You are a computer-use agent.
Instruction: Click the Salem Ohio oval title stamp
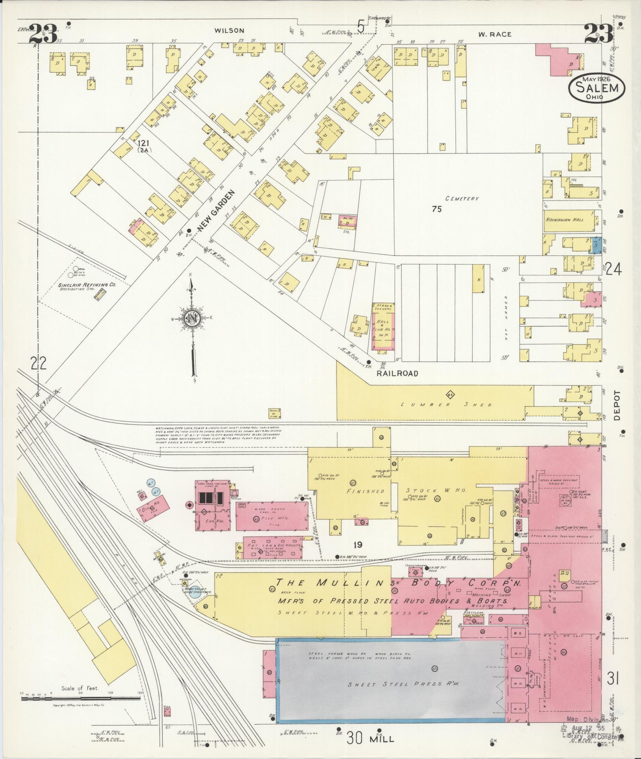pyautogui.click(x=597, y=88)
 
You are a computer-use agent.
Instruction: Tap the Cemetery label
pyautogui.click(x=462, y=199)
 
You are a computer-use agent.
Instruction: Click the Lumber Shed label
pyautogui.click(x=446, y=405)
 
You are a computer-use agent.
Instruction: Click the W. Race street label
pyautogui.click(x=495, y=35)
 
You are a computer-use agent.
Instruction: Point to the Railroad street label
pyautogui.click(x=397, y=373)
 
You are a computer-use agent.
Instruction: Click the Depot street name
pyautogui.click(x=616, y=405)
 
